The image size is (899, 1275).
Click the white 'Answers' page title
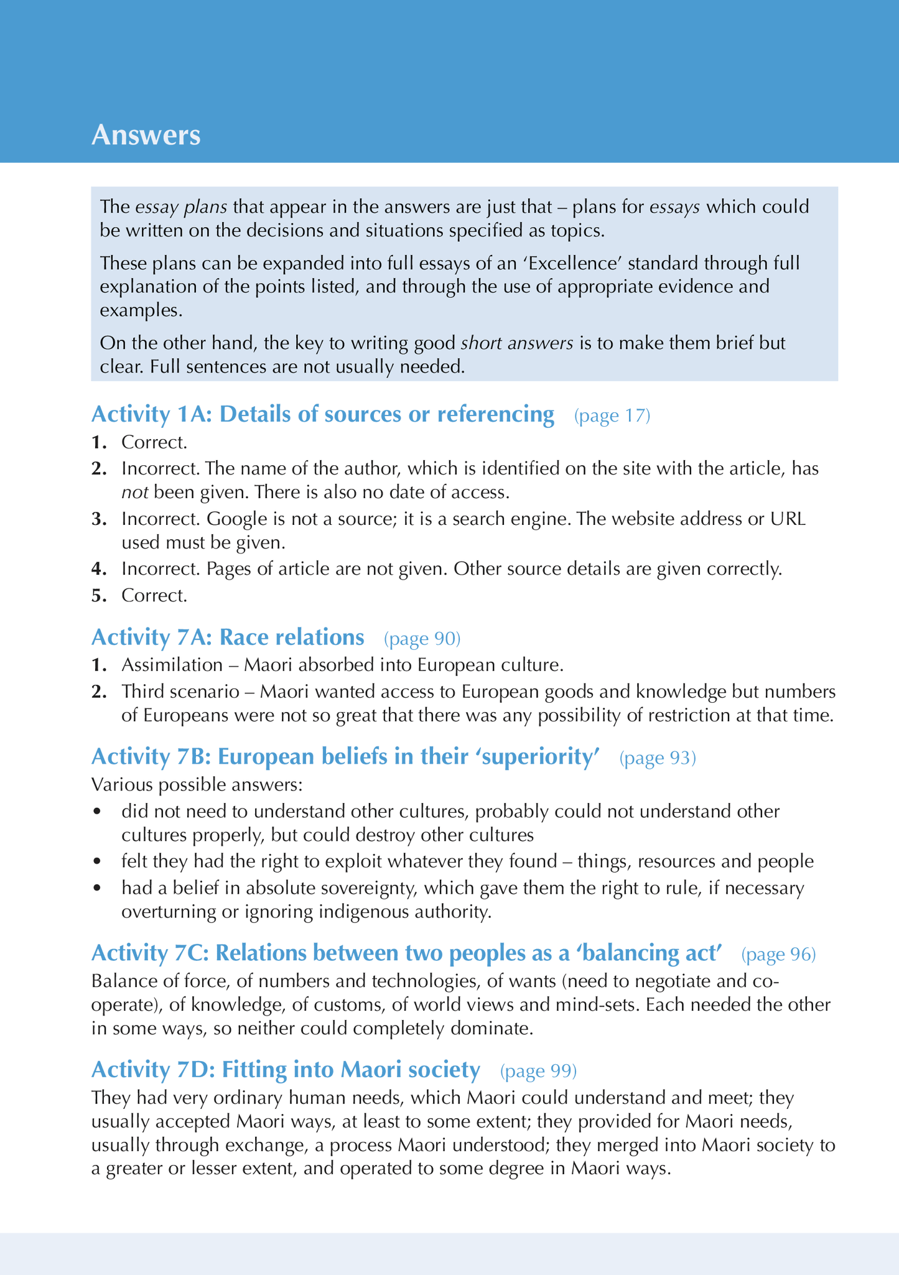[x=146, y=136]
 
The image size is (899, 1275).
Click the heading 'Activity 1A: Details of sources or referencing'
[x=322, y=414]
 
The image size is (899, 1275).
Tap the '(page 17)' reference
[x=612, y=415]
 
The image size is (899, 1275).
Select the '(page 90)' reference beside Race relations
[x=422, y=638]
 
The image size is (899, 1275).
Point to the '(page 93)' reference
[x=658, y=758]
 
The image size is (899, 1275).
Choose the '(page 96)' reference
[x=778, y=954]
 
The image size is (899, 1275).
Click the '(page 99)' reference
[x=539, y=1070]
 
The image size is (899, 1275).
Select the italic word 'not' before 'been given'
[x=134, y=493]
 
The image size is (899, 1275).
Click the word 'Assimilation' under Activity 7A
[x=172, y=665]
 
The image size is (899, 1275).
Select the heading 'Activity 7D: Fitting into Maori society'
[x=286, y=1070]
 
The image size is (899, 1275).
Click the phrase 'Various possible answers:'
[x=197, y=784]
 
